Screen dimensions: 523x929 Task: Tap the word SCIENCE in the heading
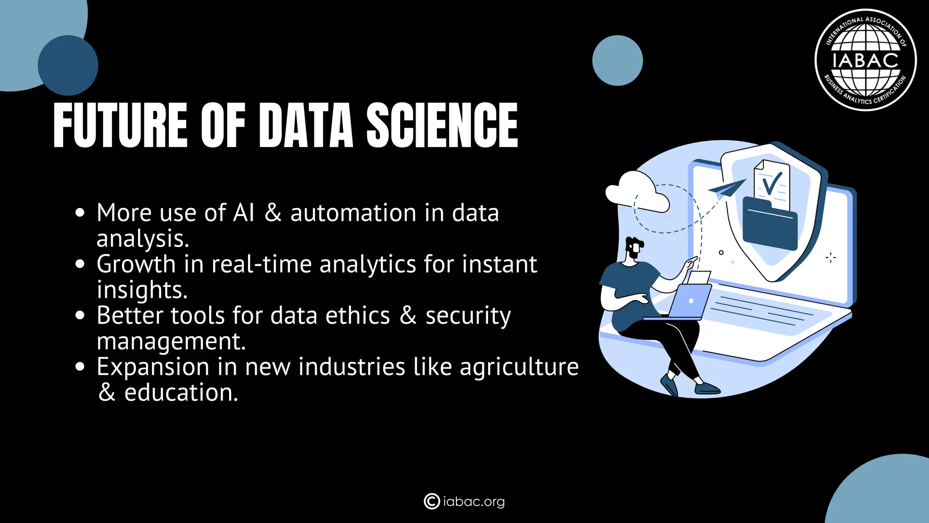coord(442,125)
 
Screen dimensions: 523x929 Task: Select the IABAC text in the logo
coord(865,60)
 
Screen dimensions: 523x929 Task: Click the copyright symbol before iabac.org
coord(431,501)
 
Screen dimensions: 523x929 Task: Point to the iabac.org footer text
coord(474,502)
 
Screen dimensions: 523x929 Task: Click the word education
coord(181,393)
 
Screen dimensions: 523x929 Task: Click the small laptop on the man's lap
coord(689,302)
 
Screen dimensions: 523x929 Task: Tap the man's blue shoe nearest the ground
coord(707,389)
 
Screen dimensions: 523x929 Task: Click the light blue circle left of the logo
coord(617,60)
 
